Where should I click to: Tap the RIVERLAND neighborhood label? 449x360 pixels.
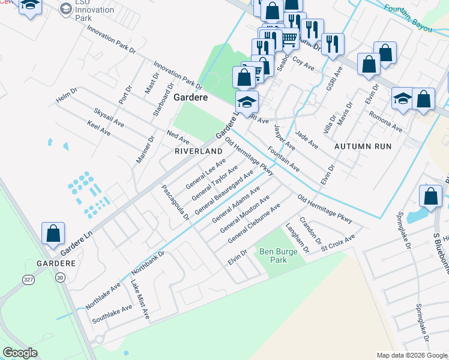pos(198,152)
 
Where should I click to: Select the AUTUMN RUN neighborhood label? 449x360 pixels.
pos(363,146)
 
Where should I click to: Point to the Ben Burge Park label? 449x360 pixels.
pos(278,256)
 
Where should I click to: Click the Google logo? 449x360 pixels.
pos(20,353)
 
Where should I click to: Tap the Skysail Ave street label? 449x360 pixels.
pos(109,118)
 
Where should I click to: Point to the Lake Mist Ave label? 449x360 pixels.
pos(139,298)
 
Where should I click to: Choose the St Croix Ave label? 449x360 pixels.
pos(337,241)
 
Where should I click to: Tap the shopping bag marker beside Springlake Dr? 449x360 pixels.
pos(430,196)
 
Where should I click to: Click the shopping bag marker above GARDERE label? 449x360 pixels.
pos(53,234)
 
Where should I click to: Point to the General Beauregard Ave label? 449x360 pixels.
pos(223,191)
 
